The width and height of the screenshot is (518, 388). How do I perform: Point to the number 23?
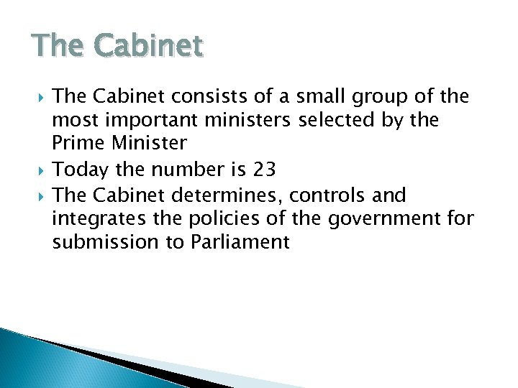[x=264, y=170]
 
